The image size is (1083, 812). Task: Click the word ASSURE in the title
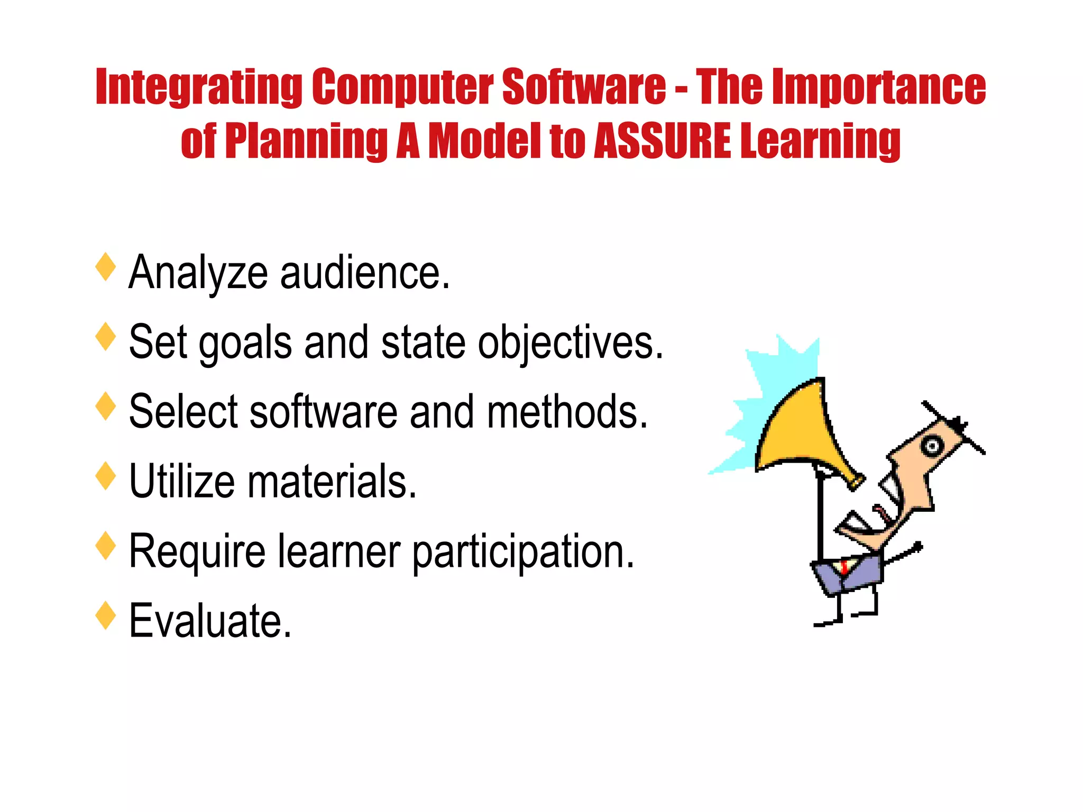pyautogui.click(x=663, y=141)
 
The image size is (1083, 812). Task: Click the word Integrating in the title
pyautogui.click(x=199, y=87)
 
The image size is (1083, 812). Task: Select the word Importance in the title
pyautogui.click(x=879, y=87)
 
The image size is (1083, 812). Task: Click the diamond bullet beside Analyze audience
pyautogui.click(x=106, y=267)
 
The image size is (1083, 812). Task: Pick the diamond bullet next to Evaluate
pyautogui.click(x=106, y=615)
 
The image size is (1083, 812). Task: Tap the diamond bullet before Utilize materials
pyautogui.click(x=106, y=476)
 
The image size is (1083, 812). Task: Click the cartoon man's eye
pyautogui.click(x=931, y=446)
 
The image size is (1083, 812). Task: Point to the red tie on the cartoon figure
pyautogui.click(x=844, y=567)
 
